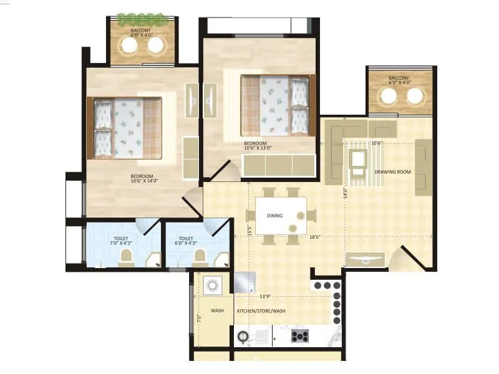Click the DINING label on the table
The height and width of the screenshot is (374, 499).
[274, 216]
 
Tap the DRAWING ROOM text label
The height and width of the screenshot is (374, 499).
[392, 171]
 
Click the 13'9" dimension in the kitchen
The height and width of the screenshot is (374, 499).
[265, 296]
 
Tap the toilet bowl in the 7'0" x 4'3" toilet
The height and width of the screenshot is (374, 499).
[127, 257]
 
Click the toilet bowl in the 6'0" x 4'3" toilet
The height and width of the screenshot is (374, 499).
[200, 257]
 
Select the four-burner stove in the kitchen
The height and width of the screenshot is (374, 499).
[301, 337]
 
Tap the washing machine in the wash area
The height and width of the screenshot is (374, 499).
[213, 285]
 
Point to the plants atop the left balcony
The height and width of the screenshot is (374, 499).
[143, 19]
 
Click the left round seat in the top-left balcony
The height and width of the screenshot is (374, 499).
[130, 46]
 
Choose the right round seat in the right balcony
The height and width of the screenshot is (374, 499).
[415, 95]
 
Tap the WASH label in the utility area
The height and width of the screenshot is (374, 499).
[217, 310]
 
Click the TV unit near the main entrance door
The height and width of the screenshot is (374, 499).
[364, 260]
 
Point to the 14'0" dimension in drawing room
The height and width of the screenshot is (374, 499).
[345, 193]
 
